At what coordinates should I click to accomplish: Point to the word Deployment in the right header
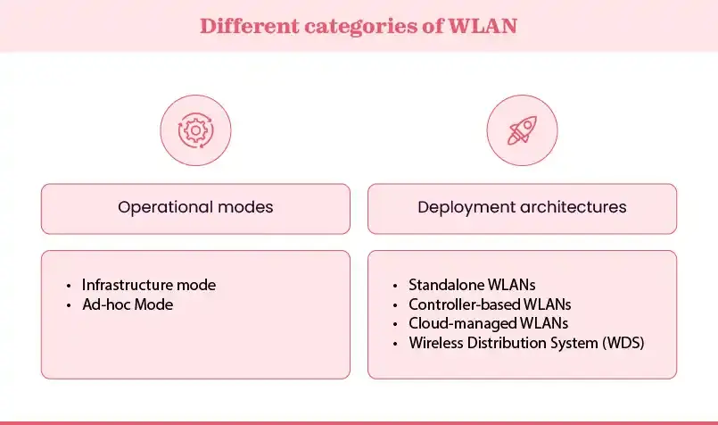pyautogui.click(x=460, y=207)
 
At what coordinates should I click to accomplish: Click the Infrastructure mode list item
pyautogui.click(x=149, y=286)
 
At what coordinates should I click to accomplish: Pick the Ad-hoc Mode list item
pyautogui.click(x=127, y=304)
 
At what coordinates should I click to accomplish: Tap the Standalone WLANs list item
pyautogui.click(x=473, y=286)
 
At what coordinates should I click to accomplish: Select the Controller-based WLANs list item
pyautogui.click(x=490, y=304)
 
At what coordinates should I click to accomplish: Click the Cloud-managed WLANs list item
pyautogui.click(x=488, y=323)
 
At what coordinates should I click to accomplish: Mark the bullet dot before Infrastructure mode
pyautogui.click(x=70, y=287)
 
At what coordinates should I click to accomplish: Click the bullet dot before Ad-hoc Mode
pyautogui.click(x=70, y=305)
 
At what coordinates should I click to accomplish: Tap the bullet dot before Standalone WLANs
pyautogui.click(x=396, y=287)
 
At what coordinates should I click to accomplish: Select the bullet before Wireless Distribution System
pyautogui.click(x=396, y=343)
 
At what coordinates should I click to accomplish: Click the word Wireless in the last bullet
pyautogui.click(x=434, y=342)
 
